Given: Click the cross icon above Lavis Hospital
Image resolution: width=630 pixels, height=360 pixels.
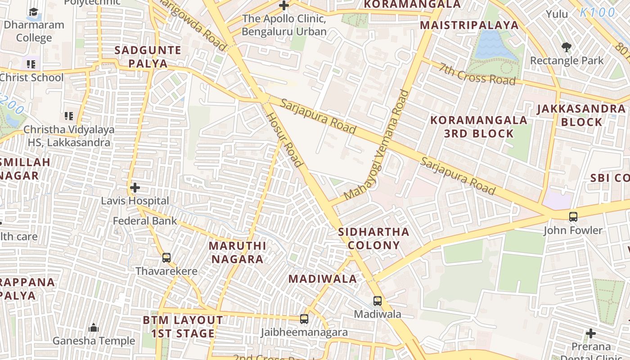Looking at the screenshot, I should (x=135, y=187).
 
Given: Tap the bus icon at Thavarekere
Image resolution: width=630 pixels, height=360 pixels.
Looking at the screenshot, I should (x=166, y=258).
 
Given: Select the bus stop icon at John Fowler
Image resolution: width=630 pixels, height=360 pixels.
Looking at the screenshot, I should (x=573, y=217).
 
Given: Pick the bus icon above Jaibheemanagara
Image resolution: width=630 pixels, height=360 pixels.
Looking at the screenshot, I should (x=304, y=319).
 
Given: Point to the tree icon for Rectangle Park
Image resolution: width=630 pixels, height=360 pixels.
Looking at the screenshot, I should (x=567, y=47).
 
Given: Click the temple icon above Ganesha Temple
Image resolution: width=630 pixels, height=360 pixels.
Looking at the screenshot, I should (x=94, y=328).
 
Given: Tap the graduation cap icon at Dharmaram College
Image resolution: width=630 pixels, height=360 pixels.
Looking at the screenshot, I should (x=34, y=12).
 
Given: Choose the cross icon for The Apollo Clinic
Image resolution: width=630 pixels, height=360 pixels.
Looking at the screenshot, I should (x=284, y=6).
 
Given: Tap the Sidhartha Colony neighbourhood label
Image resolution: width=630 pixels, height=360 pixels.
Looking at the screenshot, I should (x=373, y=238).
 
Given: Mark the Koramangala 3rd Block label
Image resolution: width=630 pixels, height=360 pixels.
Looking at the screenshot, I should (x=479, y=126).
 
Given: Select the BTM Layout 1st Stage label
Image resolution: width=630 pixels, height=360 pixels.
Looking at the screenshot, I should (x=183, y=327).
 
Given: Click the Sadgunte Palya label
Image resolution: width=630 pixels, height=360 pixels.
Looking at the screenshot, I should (x=148, y=57).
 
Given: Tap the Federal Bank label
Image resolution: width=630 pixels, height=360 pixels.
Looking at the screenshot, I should (x=145, y=221).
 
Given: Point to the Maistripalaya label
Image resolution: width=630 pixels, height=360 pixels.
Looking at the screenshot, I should (x=469, y=25).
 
